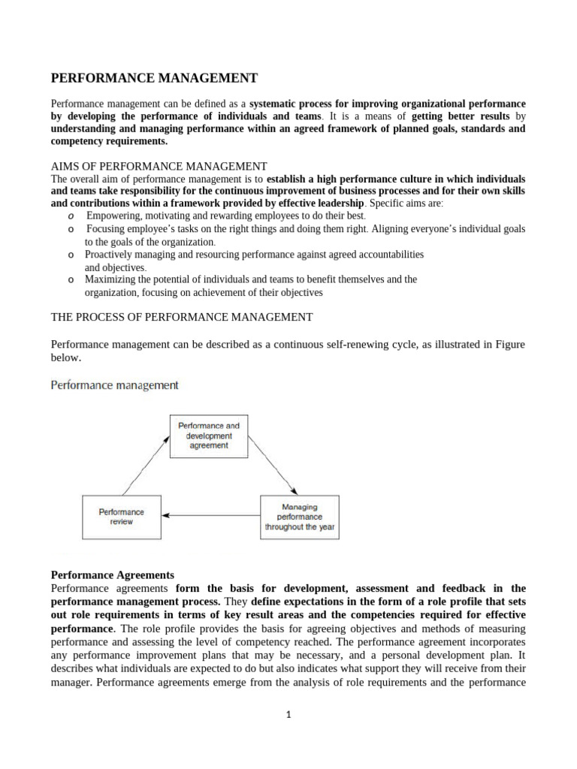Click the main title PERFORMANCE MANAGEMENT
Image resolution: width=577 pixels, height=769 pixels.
[x=153, y=78]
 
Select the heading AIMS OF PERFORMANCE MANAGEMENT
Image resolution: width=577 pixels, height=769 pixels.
[x=159, y=166]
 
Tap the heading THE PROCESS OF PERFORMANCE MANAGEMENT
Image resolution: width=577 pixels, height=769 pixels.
[x=181, y=317]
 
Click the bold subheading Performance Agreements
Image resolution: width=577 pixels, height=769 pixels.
[x=112, y=575]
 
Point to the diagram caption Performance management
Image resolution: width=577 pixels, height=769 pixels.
[x=114, y=385]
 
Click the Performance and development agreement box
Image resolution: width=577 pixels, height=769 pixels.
[x=208, y=436]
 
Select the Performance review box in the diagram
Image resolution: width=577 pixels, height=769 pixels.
[x=121, y=517]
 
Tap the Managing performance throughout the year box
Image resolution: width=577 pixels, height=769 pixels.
[x=300, y=517]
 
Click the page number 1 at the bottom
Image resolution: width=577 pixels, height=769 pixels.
[x=288, y=715]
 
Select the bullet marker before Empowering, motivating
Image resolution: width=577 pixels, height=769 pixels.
[x=70, y=216]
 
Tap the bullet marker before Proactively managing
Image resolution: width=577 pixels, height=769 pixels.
[x=70, y=255]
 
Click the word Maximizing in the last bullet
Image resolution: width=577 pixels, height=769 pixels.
[x=108, y=279]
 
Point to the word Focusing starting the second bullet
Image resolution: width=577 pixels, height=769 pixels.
[x=109, y=228]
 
